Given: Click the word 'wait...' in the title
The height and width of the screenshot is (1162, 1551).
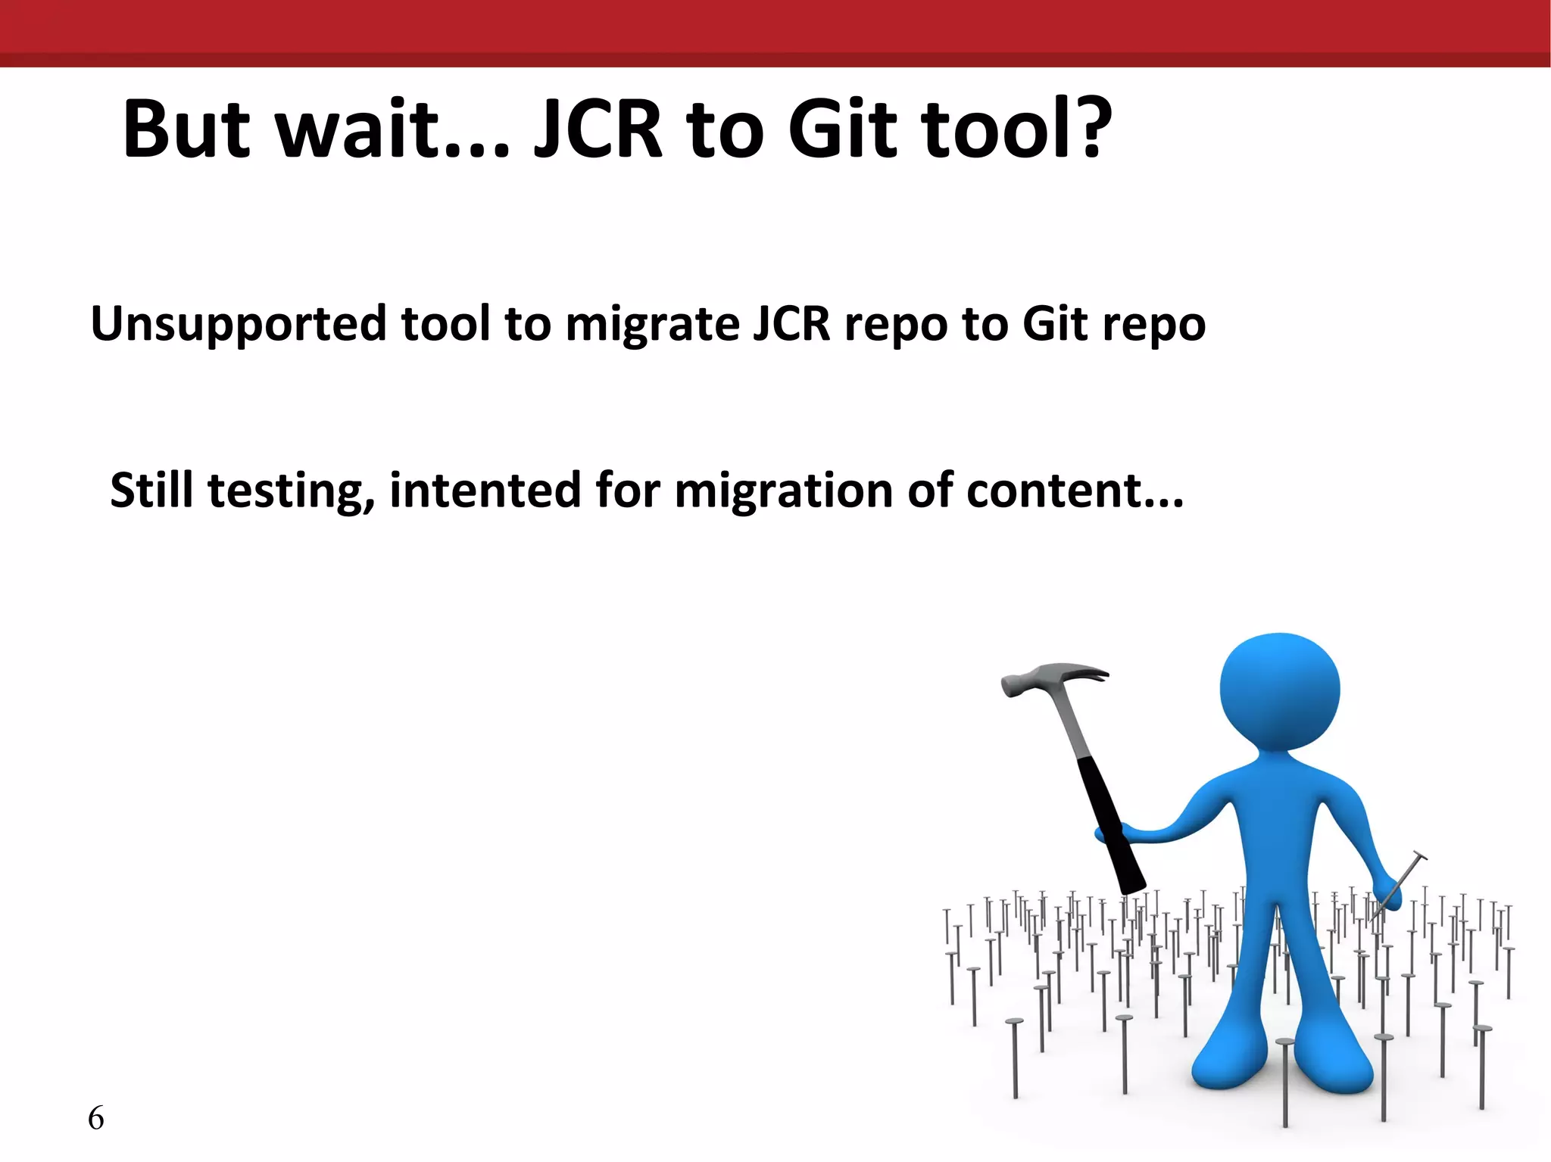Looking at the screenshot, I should click(x=392, y=130).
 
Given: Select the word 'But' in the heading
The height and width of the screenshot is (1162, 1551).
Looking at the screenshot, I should click(x=186, y=130).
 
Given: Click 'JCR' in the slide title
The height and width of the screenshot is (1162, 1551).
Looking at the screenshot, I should click(x=598, y=130).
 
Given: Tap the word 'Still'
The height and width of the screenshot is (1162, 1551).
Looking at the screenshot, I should click(x=151, y=491).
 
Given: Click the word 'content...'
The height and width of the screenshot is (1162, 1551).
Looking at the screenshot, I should click(x=1075, y=491).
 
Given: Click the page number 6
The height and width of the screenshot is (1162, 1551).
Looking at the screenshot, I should click(x=96, y=1118).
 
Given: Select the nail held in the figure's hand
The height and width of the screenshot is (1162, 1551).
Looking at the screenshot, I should click(x=1401, y=882).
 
